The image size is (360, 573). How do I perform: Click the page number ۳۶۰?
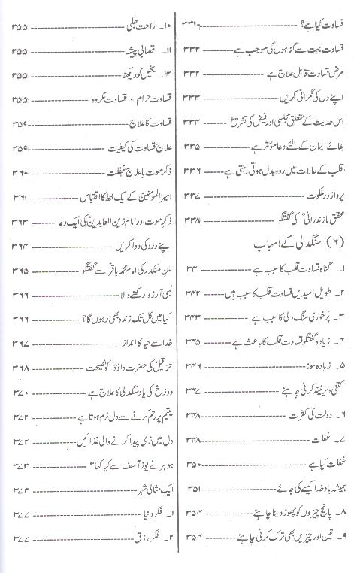[x=20, y=172]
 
